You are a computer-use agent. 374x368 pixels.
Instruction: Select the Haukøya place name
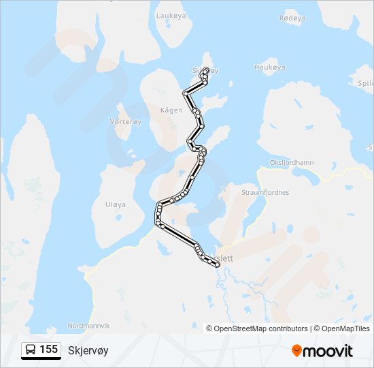[x=269, y=67]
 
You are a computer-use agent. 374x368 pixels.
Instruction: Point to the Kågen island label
[x=171, y=110]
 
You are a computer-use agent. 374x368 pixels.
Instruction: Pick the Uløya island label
[x=115, y=204]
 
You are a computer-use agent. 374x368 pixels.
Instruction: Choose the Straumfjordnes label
[x=265, y=193]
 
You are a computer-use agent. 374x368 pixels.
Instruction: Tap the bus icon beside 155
[x=31, y=350]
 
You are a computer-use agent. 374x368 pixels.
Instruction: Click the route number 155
[x=48, y=350]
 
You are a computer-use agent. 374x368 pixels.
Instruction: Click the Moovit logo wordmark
[x=328, y=351]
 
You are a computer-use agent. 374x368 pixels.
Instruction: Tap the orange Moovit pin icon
[x=297, y=351]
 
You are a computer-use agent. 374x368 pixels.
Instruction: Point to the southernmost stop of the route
[x=217, y=265]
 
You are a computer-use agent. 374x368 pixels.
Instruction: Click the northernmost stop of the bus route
[x=205, y=70]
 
